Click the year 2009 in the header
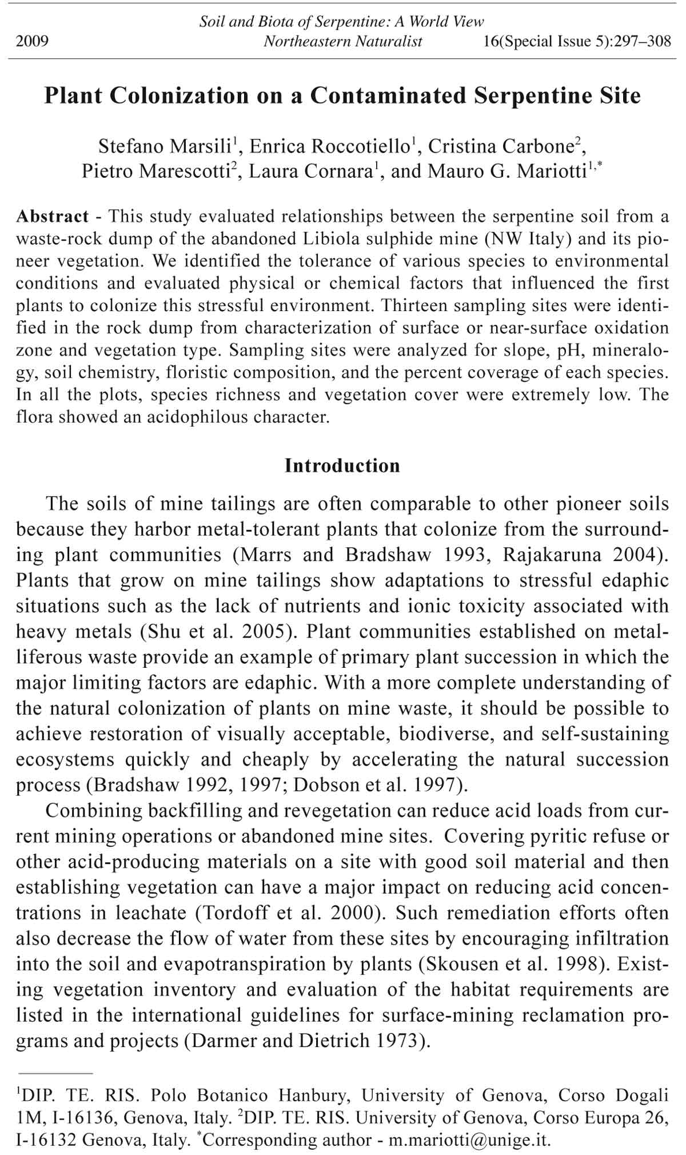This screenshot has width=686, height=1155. [x=32, y=41]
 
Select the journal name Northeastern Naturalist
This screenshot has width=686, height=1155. [x=343, y=41]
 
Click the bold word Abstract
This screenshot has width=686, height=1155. [x=53, y=216]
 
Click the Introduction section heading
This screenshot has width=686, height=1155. [x=342, y=465]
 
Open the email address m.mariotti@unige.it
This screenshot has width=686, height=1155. [x=469, y=1140]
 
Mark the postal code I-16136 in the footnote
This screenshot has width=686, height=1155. [x=77, y=1117]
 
